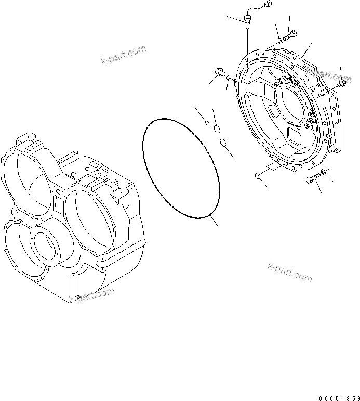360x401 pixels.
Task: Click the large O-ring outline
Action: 180,166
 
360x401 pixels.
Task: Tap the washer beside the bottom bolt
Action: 324,172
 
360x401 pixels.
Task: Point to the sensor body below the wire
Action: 247,21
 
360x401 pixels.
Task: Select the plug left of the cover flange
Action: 219,73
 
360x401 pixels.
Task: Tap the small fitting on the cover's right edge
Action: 341,83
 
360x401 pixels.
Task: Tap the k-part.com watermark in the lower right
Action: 290,271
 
